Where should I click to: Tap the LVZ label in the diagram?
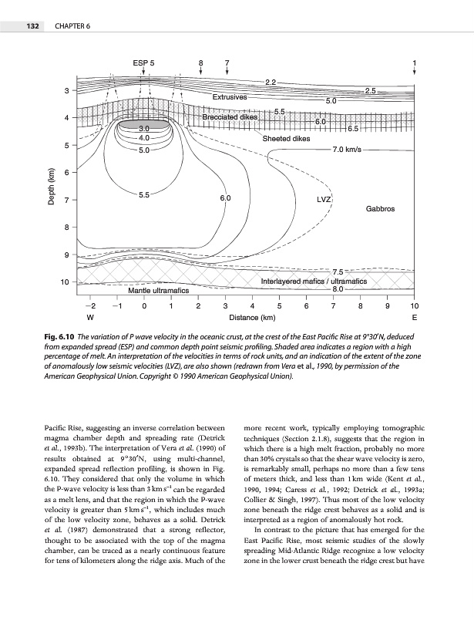click(x=324, y=199)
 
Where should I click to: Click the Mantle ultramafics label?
click(x=159, y=291)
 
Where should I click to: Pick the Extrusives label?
click(x=229, y=97)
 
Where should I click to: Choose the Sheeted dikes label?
click(x=286, y=139)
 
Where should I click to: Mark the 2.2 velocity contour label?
click(x=271, y=81)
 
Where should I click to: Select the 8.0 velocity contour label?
click(x=338, y=290)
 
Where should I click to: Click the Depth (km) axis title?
click(x=52, y=187)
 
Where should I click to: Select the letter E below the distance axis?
click(x=415, y=317)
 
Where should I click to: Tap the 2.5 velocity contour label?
click(x=370, y=91)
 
